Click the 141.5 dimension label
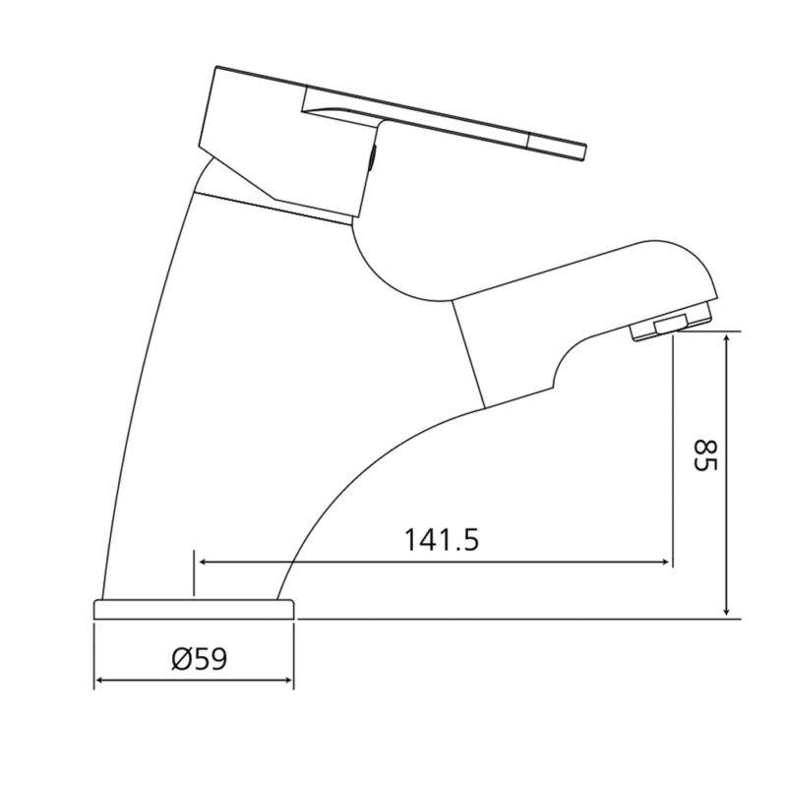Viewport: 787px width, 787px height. pyautogui.click(x=442, y=539)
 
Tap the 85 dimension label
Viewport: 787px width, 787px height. pyautogui.click(x=705, y=455)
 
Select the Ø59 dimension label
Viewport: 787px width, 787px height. pyautogui.click(x=200, y=658)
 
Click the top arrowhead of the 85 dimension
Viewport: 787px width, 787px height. pyautogui.click(x=726, y=339)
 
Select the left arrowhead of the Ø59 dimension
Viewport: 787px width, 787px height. pyautogui.click(x=99, y=680)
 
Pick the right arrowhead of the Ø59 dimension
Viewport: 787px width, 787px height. pyautogui.click(x=288, y=680)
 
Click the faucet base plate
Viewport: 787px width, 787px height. pyautogui.click(x=194, y=609)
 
